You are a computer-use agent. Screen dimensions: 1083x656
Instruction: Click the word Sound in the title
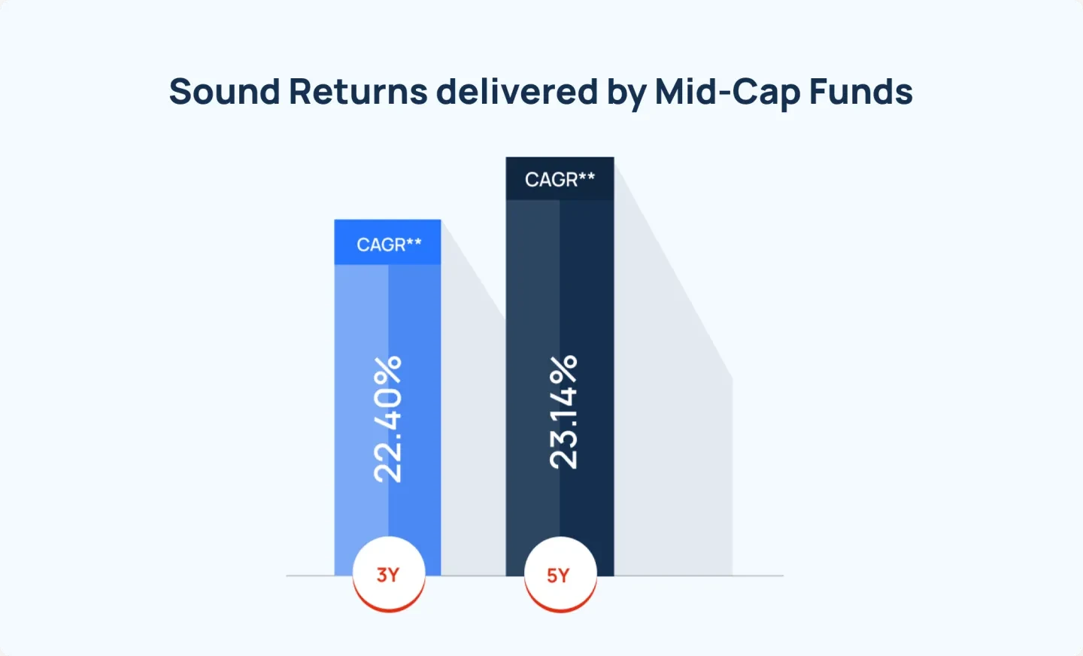[224, 92]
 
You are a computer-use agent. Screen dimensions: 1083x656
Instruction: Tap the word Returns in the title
[358, 92]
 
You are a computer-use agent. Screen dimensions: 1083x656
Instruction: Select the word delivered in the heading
[517, 92]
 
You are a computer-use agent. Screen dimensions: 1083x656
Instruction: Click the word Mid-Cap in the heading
[727, 92]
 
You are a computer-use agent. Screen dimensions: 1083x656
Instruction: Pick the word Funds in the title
[860, 92]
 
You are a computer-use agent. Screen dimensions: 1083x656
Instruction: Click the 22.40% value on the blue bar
[388, 419]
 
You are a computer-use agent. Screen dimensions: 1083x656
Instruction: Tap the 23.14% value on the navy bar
[563, 412]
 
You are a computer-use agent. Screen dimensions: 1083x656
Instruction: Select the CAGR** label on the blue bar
[388, 244]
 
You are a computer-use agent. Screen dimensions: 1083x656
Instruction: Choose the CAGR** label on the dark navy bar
[560, 179]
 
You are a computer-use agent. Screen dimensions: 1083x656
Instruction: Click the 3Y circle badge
[388, 575]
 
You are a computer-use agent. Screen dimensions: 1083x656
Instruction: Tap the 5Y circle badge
[559, 576]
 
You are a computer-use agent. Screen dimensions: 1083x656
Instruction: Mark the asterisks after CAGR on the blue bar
[414, 241]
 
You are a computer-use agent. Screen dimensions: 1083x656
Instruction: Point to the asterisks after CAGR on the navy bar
[587, 176]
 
